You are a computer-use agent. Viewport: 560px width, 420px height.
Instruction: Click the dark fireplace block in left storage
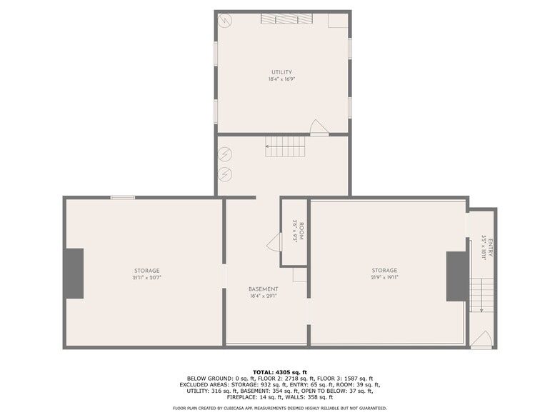pyautogui.click(x=74, y=274)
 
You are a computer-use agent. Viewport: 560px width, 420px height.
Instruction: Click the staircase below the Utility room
pyautogui.click(x=286, y=148)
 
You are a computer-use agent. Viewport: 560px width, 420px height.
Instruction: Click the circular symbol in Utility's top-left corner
pyautogui.click(x=226, y=20)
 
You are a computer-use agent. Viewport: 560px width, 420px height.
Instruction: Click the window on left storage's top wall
pyautogui.click(x=123, y=197)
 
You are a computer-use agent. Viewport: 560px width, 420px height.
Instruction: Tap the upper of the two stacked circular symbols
pyautogui.click(x=226, y=154)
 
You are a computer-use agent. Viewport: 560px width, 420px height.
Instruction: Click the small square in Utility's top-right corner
pyautogui.click(x=338, y=20)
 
